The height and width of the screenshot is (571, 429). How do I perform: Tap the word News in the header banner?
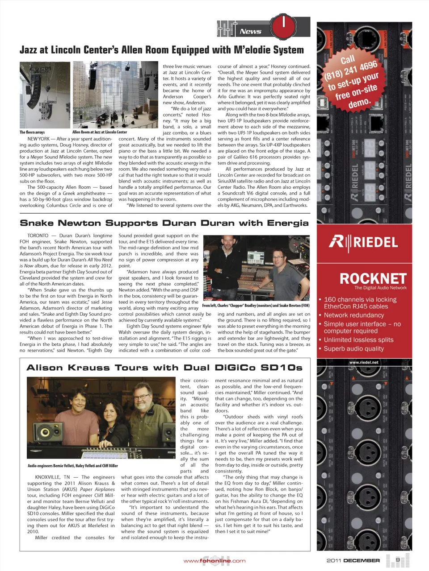click(250, 31)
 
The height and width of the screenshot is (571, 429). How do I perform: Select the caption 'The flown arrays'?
click(32, 132)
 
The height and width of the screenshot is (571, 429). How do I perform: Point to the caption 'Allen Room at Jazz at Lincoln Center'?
click(100, 132)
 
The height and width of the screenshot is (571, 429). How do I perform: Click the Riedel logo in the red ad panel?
click(363, 242)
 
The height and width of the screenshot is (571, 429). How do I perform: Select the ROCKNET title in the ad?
click(373, 278)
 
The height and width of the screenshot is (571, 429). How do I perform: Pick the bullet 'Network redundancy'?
click(354, 315)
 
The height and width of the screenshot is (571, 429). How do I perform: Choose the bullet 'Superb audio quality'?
click(353, 348)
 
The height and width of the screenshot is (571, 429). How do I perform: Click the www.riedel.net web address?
click(363, 362)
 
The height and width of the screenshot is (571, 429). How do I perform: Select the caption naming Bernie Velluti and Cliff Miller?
click(73, 466)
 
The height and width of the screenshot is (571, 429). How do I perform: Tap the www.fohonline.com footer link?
click(214, 561)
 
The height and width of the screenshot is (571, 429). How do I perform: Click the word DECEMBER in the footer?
click(362, 561)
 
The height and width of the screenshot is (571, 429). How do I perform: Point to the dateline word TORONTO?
click(38, 236)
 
